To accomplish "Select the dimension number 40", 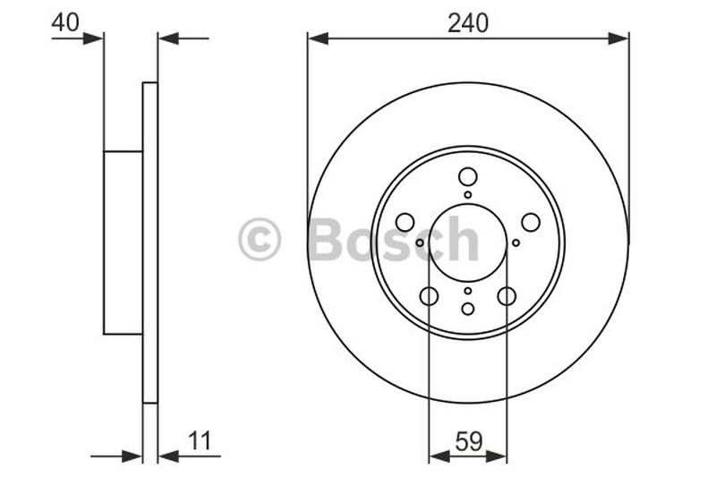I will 65,22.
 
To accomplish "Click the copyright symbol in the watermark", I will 260,241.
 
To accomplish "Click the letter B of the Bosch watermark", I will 328,241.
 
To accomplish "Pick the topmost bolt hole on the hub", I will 467,176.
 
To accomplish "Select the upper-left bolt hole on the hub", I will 405,222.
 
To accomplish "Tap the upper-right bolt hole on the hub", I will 530,222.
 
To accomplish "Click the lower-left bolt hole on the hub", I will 429,296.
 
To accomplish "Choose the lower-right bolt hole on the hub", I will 507,296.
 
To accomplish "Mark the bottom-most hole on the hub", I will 467,309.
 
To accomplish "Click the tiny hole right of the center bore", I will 516,243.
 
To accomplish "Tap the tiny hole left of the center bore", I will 420,243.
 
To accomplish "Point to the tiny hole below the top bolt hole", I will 467,194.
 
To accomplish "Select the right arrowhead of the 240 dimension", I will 618,38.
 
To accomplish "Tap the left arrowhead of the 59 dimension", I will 439,456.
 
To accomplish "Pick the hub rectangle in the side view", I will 124,243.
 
